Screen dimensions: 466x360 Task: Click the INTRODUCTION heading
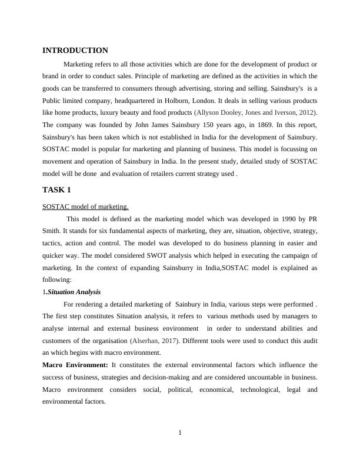click(x=75, y=51)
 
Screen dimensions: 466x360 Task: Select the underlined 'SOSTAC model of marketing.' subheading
click(x=85, y=207)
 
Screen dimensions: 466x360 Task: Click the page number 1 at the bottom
click(x=180, y=434)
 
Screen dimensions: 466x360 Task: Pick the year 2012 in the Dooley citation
click(x=308, y=112)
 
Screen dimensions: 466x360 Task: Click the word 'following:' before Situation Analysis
click(x=57, y=280)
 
